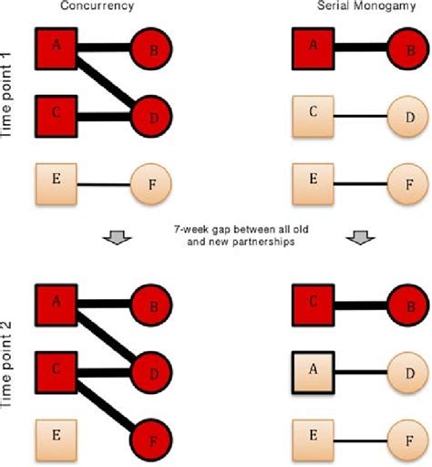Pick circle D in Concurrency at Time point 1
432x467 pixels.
pyautogui.click(x=150, y=117)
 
